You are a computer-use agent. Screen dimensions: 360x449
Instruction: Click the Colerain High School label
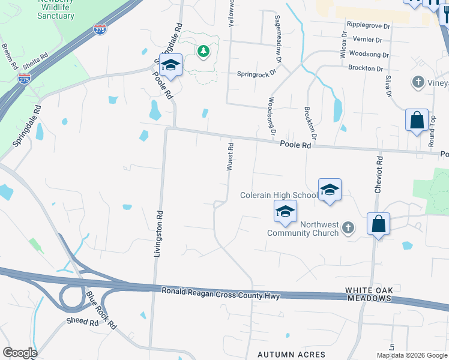[x=279, y=195]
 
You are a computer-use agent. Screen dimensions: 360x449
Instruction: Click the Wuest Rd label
[x=230, y=157]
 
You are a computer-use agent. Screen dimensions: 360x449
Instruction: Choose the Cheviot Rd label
[x=379, y=175]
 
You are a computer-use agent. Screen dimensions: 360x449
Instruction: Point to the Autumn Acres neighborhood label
[x=292, y=355]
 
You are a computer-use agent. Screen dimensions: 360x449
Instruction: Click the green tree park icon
[x=204, y=51]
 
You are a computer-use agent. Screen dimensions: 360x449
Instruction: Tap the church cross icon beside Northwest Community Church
[x=348, y=228]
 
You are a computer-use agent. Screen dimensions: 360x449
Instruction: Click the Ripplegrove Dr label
[x=368, y=26]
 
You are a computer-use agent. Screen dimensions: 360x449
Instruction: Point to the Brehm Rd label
[x=11, y=55]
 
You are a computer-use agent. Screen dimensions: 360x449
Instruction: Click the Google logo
[x=19, y=353]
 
